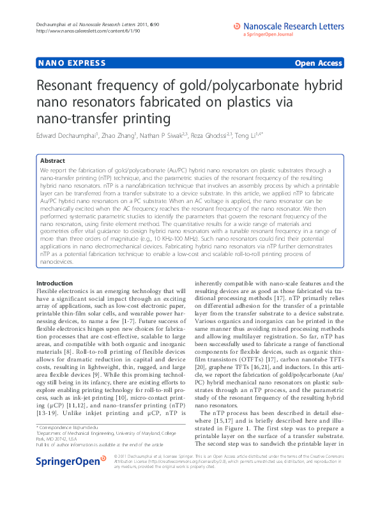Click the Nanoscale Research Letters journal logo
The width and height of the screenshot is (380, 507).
[288, 27]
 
